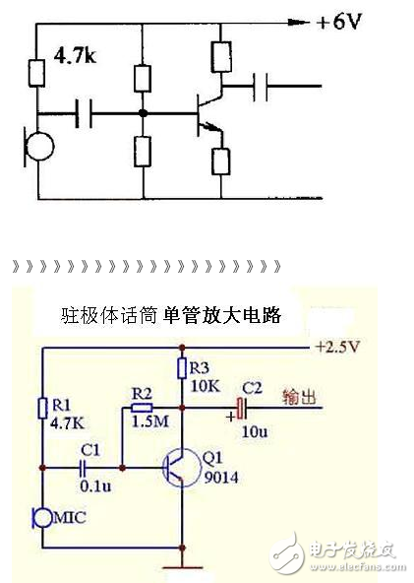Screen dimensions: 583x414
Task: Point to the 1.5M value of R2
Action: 145,421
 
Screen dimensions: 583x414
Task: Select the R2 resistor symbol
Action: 143,406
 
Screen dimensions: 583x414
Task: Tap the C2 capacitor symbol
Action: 239,407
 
